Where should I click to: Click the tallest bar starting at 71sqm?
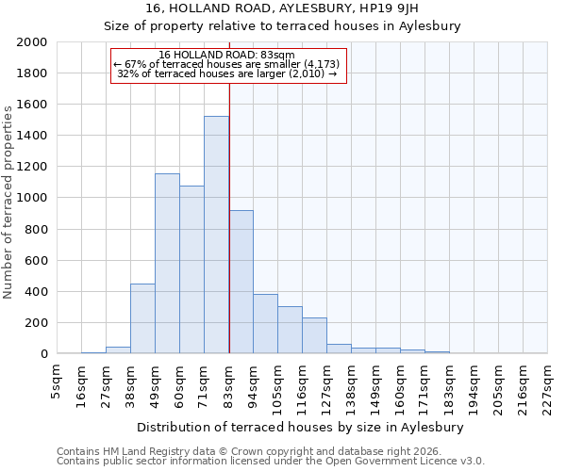(216, 235)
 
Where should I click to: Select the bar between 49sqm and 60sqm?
(167, 264)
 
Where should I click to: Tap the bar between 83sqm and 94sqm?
(241, 283)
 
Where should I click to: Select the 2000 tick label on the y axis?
(33, 42)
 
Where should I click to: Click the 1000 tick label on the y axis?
(33, 199)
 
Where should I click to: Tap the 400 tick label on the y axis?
(37, 292)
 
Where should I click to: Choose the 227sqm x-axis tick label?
(548, 382)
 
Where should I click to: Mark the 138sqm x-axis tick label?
(351, 382)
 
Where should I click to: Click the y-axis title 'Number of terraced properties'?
(8, 202)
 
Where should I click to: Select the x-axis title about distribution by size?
(307, 427)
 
